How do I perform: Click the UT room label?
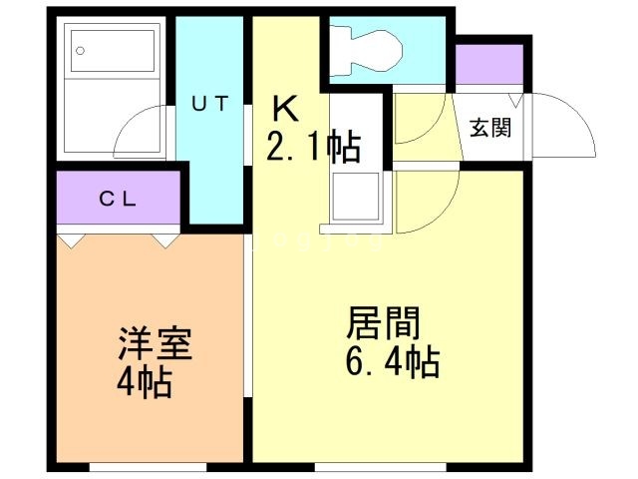210,101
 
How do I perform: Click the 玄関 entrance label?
491,128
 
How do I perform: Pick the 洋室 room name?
155,345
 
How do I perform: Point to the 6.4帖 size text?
392,362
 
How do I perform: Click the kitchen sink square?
356,197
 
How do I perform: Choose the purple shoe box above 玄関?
488,65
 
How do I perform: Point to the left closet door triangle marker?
71,240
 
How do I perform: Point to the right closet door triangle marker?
165,240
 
